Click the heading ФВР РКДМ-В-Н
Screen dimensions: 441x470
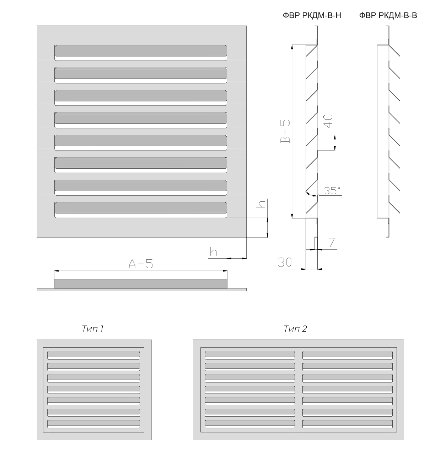pos(312,15)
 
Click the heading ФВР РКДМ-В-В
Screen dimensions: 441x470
pos(388,15)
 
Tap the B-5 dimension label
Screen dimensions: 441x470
pos(285,131)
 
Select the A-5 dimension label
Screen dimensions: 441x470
pos(141,264)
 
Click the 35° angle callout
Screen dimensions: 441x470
pos(332,190)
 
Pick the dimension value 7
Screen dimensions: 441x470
pos(332,242)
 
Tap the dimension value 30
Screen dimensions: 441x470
pos(284,262)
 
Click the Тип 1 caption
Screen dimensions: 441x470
pos(93,329)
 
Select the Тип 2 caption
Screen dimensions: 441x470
pos(295,329)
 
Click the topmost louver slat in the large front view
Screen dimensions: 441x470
pos(141,53)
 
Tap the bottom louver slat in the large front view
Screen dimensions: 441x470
pos(141,210)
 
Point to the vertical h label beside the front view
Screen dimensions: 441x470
pos(261,204)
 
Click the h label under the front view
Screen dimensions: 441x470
pos(214,252)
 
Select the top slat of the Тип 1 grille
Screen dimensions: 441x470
pos(94,355)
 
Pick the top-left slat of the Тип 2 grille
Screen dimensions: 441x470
pos(250,355)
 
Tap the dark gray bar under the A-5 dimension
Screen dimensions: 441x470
pos(141,284)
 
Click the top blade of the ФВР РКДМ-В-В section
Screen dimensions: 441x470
pos(394,51)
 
